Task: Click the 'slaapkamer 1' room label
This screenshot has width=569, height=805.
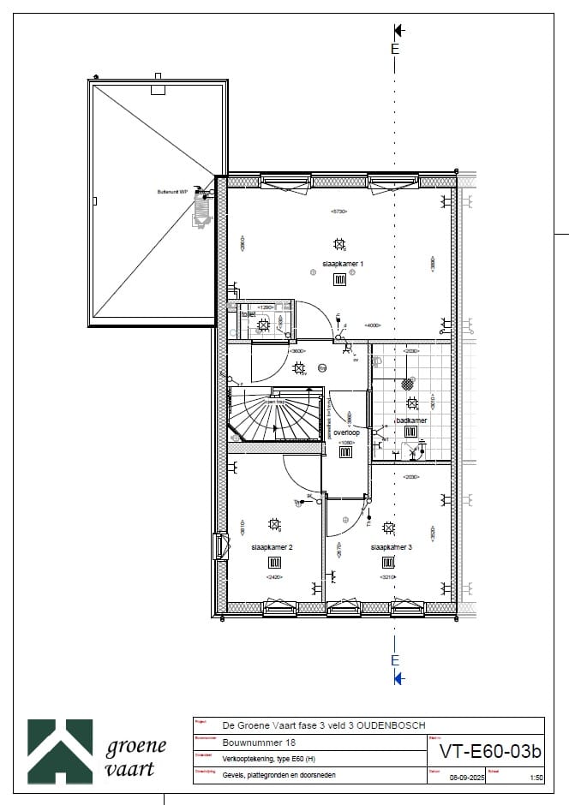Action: pos(343,264)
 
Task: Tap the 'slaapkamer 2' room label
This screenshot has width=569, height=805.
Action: pos(273,546)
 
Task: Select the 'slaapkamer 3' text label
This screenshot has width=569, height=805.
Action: pos(392,546)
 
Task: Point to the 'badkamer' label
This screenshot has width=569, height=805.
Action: pos(411,420)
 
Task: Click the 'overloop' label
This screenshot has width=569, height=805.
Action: pos(346,433)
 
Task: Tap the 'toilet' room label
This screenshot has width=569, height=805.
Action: pos(249,314)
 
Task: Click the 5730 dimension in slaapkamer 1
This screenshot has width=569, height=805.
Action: pos(340,211)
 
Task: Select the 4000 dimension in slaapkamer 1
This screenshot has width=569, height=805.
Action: pos(373,325)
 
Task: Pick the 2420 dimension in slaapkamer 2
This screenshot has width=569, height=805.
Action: pos(275,577)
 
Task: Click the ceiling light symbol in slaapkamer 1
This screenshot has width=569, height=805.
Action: pos(339,244)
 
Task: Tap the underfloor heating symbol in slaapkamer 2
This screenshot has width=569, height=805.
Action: pos(275,563)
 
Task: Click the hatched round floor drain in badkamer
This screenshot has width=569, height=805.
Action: pos(407,385)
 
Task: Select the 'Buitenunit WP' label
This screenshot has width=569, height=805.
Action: pos(171,192)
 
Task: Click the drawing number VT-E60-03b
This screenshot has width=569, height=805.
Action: pos(490,752)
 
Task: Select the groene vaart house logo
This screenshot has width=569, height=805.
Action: pos(60,751)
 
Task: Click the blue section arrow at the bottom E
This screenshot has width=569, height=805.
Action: pos(398,678)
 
